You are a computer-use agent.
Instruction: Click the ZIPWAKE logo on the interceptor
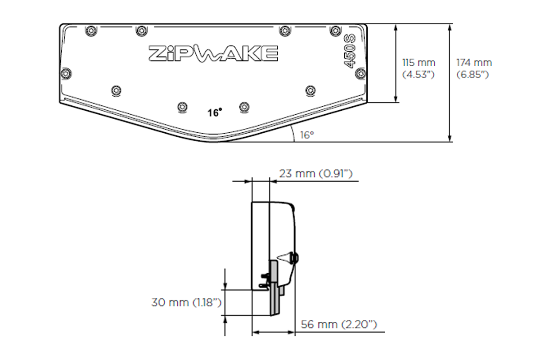[x=213, y=53]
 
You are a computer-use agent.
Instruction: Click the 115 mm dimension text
[x=418, y=63]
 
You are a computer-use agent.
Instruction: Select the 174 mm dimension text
[x=474, y=63]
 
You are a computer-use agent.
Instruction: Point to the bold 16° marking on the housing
[x=215, y=112]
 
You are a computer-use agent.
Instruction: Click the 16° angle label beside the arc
[x=306, y=135]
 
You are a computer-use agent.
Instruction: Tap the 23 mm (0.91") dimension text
[x=315, y=174]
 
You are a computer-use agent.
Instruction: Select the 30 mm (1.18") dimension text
[x=186, y=302]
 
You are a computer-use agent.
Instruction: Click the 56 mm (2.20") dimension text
[x=338, y=324]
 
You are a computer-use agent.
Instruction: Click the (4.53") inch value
[x=418, y=75]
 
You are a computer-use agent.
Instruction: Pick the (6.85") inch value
[x=472, y=75]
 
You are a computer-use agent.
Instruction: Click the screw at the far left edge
[x=66, y=72]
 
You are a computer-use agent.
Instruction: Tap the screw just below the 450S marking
[x=361, y=72]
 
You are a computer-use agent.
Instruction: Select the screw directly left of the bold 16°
[x=182, y=107]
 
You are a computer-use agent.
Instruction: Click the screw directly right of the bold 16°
[x=244, y=107]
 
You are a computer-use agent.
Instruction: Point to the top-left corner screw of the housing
[x=91, y=30]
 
